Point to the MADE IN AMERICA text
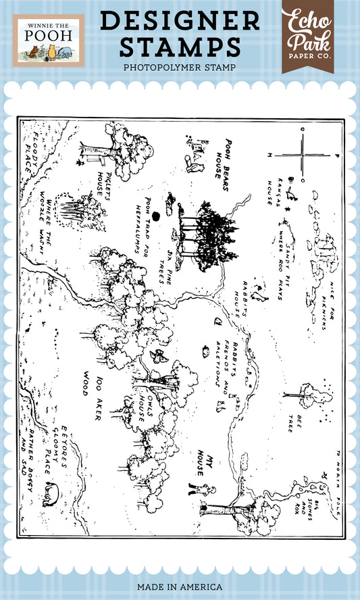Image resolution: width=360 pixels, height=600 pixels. (180, 587)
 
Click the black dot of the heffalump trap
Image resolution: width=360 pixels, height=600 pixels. (156, 216)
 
